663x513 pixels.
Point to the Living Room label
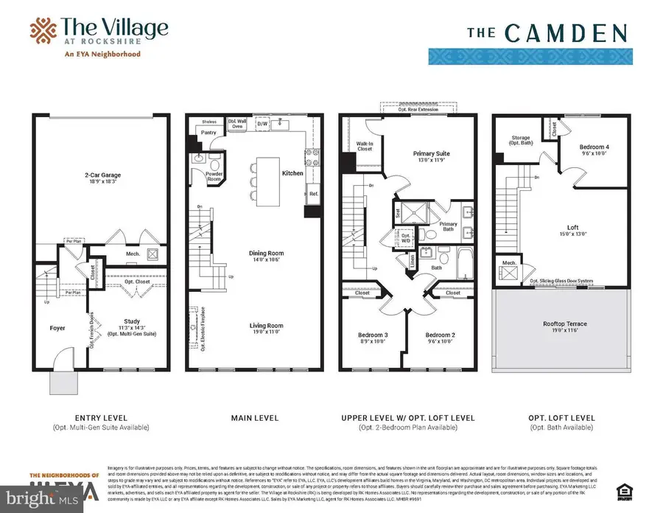[x=266, y=325]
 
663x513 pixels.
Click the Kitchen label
[x=292, y=173]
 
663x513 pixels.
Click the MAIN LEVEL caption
[x=256, y=418]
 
